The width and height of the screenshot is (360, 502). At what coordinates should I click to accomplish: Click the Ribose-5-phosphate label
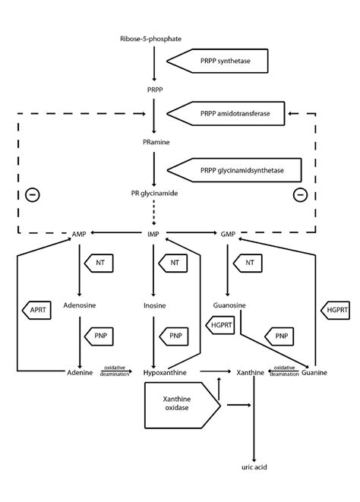click(150, 39)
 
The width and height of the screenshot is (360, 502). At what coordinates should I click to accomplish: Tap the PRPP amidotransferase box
click(226, 113)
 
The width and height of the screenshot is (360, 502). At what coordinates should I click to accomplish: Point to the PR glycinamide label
click(153, 193)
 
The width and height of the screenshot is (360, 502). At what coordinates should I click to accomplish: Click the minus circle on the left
click(32, 194)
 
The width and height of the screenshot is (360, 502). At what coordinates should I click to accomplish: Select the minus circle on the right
click(300, 194)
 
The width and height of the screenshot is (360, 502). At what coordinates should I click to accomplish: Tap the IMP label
click(154, 234)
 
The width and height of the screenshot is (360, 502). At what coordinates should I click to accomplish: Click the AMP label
click(80, 234)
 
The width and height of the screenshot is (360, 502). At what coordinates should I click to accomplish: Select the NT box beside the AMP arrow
click(100, 263)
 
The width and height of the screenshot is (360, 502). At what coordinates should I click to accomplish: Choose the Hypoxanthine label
click(164, 373)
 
